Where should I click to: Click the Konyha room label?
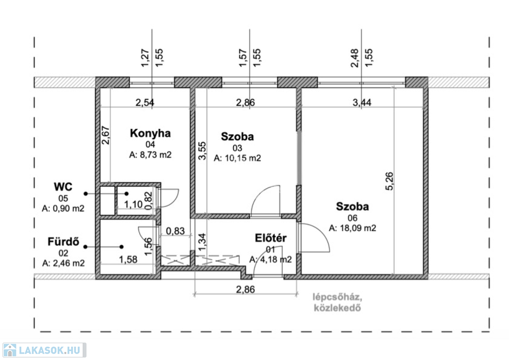[150, 133]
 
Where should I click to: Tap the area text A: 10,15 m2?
[237, 158]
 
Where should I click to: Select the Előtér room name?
[271, 238]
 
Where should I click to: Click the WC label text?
[63, 187]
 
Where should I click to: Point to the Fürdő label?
[63, 242]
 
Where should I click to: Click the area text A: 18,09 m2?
[352, 228]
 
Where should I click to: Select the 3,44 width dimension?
[362, 102]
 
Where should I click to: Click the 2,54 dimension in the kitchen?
[145, 103]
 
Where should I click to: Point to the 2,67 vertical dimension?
[106, 135]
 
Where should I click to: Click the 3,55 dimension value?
[202, 151]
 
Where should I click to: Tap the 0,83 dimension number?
[175, 231]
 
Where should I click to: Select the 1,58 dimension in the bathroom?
[128, 260]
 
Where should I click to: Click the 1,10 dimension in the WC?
[133, 204]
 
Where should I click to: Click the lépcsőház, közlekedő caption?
[338, 302]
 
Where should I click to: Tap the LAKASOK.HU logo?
[44, 350]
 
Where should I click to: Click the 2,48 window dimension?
[355, 58]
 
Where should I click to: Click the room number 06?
[352, 218]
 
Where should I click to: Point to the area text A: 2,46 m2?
[63, 263]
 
